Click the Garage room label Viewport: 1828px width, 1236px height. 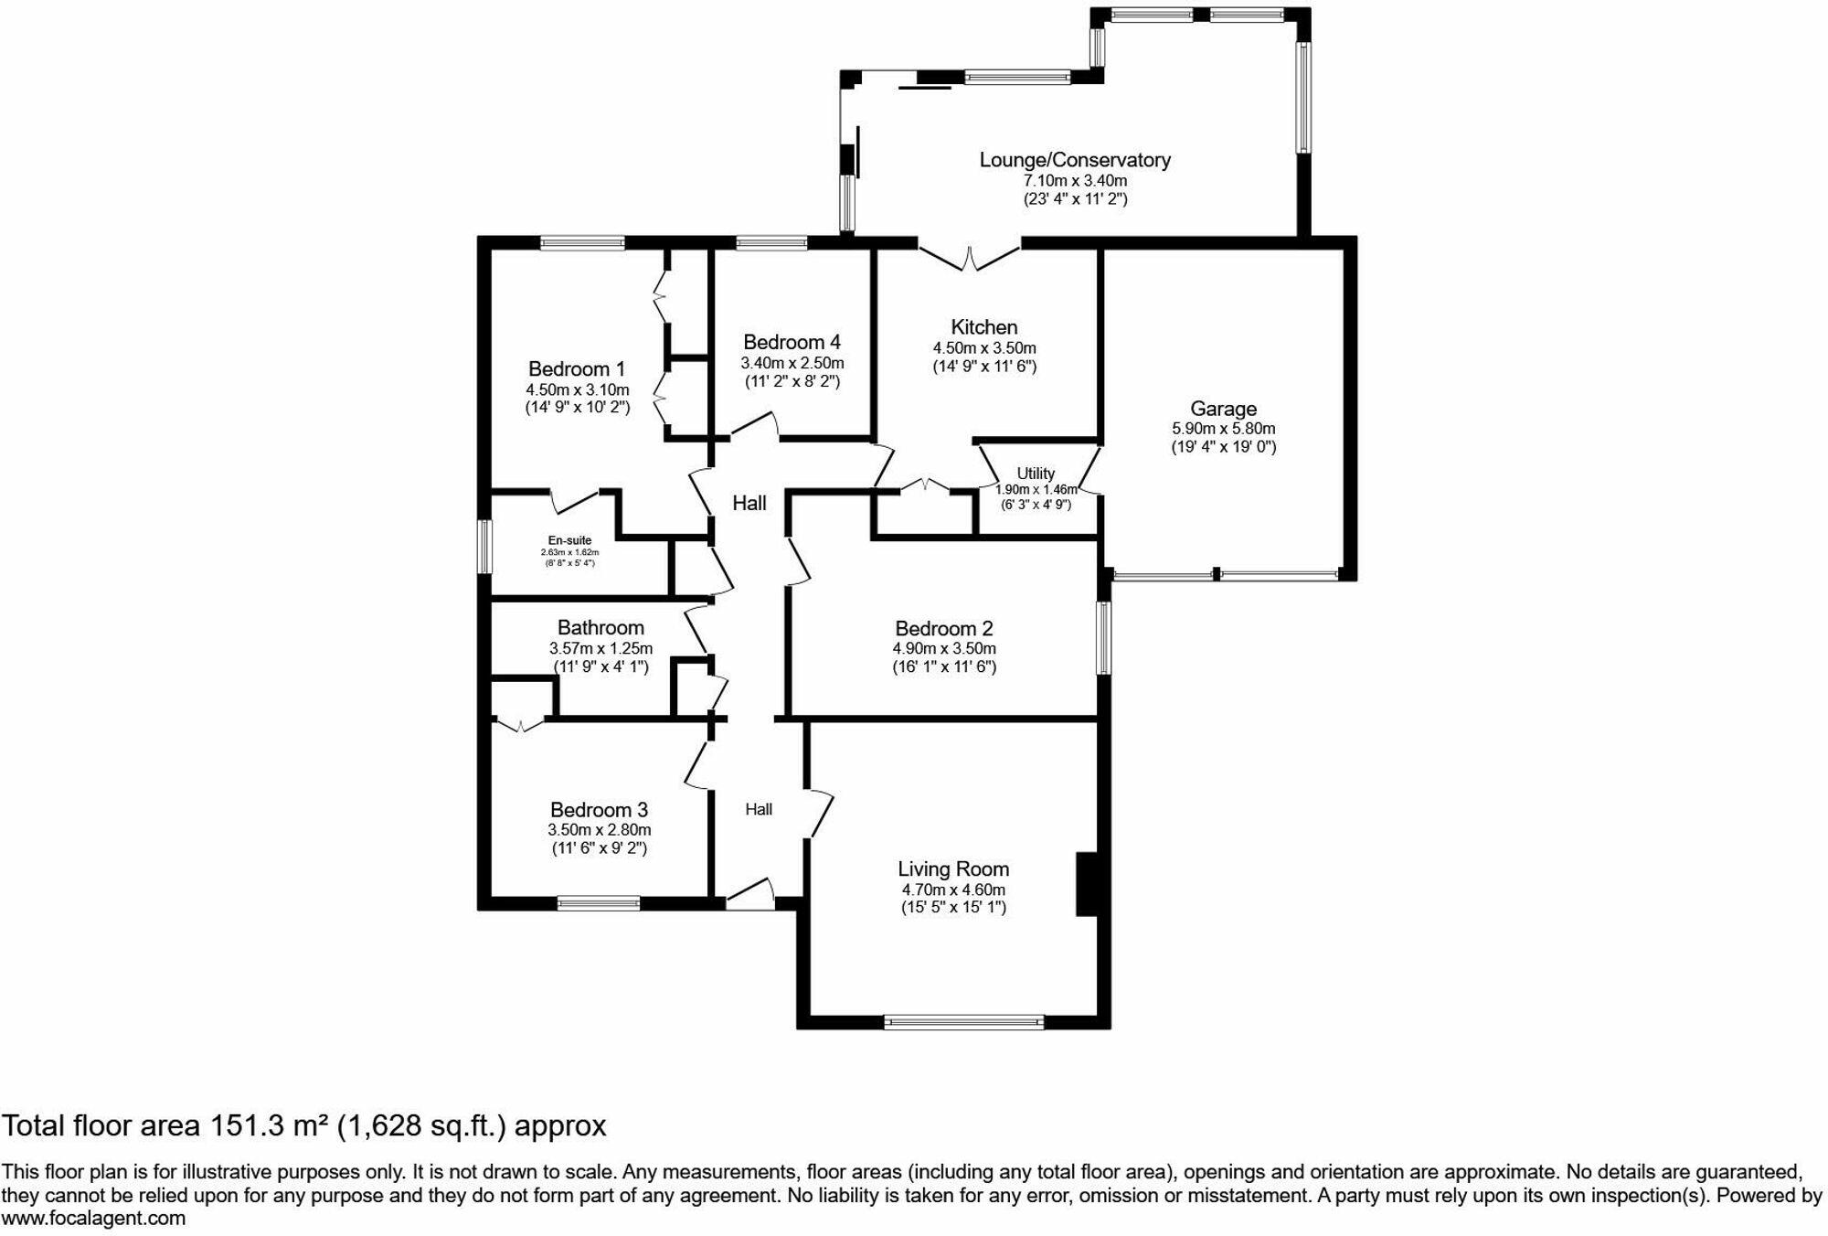pos(1223,409)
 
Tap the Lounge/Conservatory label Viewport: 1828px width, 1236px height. pos(1075,160)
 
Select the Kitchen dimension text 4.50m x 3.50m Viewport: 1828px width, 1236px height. pos(984,348)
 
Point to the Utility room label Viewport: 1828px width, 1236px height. pos(1036,474)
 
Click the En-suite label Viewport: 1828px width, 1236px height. pos(569,540)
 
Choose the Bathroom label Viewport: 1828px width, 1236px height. pos(600,628)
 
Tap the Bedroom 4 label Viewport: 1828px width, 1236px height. pos(792,342)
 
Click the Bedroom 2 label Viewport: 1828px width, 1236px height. pos(944,629)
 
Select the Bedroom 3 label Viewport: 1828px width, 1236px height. pos(599,810)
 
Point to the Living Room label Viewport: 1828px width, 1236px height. pos(953,869)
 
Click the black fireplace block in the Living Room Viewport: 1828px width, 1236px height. pos(1087,884)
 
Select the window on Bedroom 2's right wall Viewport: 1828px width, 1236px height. pos(1104,637)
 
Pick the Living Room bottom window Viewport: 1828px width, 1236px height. pos(963,1022)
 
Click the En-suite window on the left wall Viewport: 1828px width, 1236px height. pos(485,547)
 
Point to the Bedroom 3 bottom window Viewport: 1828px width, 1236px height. pos(599,904)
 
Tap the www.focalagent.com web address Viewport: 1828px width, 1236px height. pos(93,1219)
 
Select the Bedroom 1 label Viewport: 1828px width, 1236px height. pos(577,369)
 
